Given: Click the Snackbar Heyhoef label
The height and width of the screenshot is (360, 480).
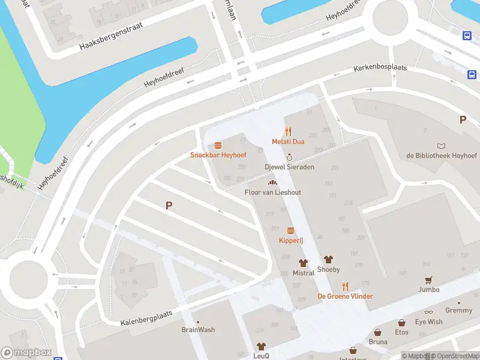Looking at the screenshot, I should (x=218, y=155).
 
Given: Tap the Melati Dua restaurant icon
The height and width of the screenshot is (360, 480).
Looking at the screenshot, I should (x=288, y=131).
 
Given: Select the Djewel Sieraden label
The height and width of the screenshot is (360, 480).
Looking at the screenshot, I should (x=289, y=167).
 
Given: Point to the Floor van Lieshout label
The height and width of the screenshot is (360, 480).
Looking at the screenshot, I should (x=272, y=192).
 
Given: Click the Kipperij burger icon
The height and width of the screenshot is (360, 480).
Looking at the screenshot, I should (x=291, y=230).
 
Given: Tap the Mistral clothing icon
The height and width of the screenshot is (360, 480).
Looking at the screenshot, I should (x=304, y=263).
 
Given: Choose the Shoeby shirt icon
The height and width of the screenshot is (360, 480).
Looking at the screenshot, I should (x=328, y=259).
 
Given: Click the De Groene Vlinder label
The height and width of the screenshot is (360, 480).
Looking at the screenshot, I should (x=345, y=296).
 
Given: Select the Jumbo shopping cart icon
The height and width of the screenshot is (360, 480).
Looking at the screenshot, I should (x=428, y=280).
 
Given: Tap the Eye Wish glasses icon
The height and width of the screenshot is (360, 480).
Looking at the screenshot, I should (x=428, y=313).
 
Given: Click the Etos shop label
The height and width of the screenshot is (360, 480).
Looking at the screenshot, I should (x=401, y=332).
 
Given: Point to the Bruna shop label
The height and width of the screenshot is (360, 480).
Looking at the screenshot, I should (x=378, y=342).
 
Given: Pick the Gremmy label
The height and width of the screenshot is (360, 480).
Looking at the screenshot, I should (x=459, y=311).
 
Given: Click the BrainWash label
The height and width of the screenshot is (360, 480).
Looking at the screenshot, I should (x=198, y=330).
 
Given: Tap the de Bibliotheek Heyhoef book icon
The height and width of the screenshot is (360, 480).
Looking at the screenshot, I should (x=442, y=146).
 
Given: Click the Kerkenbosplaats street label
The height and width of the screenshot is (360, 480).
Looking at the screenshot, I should (x=380, y=68).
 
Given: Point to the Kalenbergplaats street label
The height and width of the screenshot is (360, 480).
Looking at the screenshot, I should (x=147, y=316).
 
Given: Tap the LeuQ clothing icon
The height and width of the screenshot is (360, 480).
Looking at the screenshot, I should (x=261, y=346).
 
